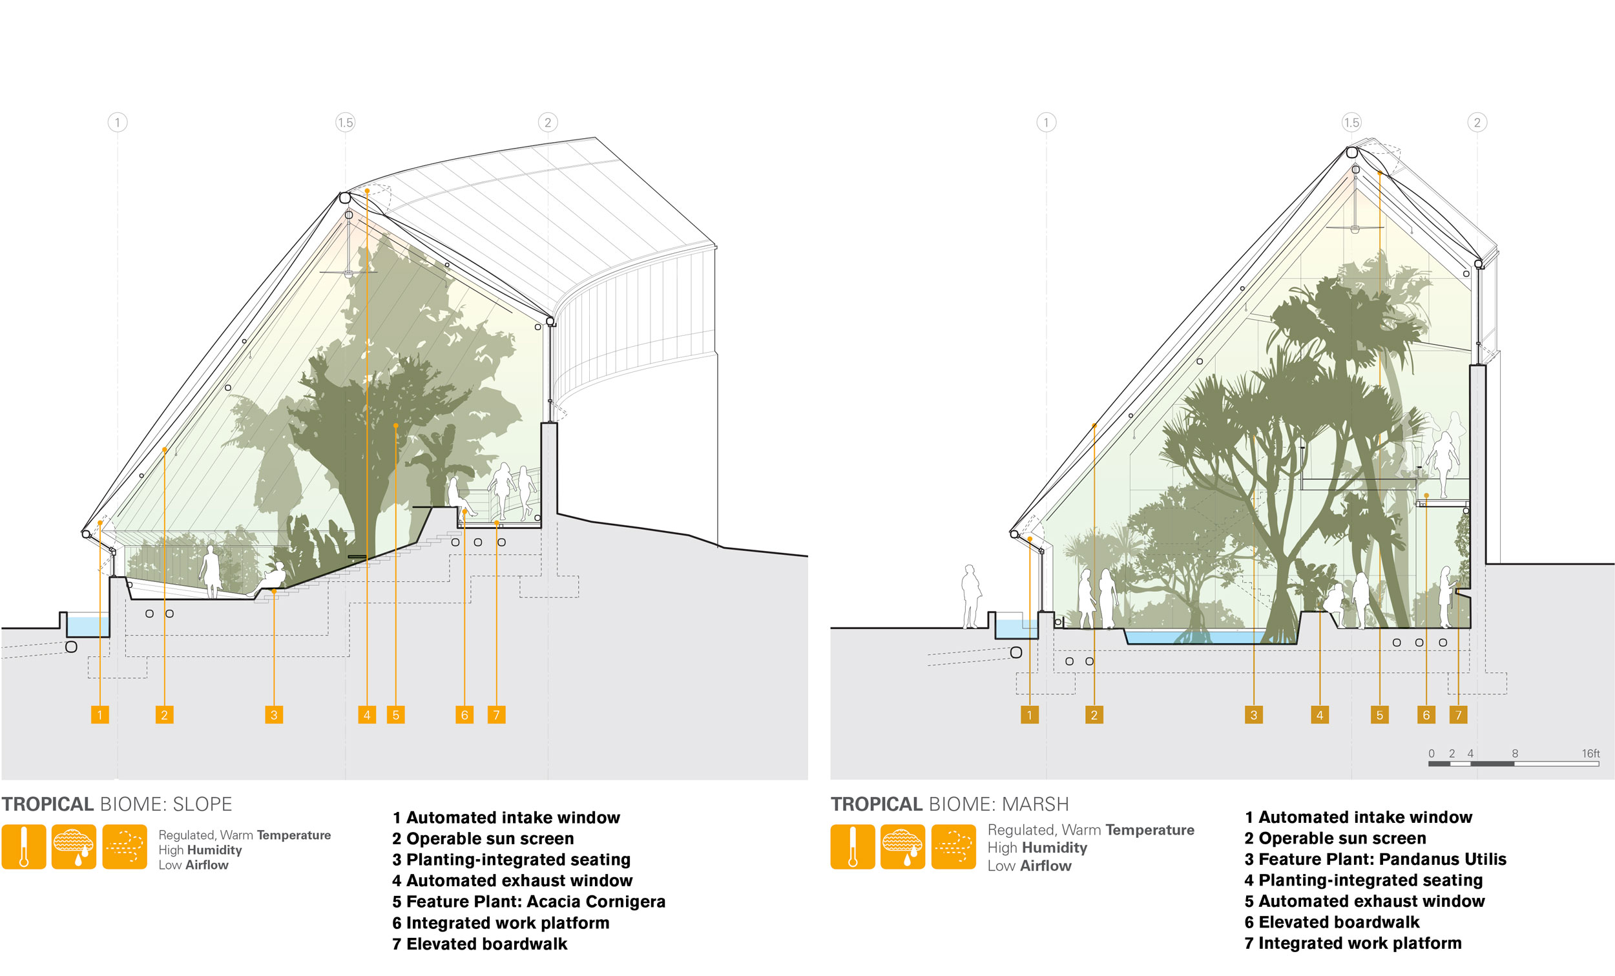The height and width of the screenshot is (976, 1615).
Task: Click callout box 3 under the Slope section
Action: (274, 714)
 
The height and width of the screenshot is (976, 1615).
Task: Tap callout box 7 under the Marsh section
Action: (1459, 714)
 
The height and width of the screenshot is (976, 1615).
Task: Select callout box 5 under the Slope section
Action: (396, 714)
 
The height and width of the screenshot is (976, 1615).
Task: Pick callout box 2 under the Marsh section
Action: (1094, 714)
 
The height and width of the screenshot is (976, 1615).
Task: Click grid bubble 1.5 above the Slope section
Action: (346, 122)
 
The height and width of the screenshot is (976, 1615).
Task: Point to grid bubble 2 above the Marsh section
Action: (1477, 122)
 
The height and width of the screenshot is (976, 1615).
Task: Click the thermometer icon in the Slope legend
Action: (24, 847)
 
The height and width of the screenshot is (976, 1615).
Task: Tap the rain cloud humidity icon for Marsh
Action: (902, 847)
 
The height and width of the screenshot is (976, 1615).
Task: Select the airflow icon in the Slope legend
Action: (125, 847)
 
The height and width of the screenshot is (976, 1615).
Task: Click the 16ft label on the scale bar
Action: (1590, 753)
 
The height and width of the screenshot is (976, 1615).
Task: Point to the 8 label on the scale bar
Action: (1515, 753)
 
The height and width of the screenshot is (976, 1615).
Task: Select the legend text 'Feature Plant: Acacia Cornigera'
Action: (536, 901)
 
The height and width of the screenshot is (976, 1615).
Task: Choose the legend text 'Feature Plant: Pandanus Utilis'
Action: (1382, 858)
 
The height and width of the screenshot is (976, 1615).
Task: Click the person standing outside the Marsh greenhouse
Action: (972, 596)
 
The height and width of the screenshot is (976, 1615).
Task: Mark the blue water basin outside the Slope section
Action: (88, 625)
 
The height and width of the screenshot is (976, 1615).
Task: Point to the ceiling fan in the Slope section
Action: (349, 270)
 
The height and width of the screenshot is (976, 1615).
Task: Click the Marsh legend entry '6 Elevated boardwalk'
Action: (1332, 922)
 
